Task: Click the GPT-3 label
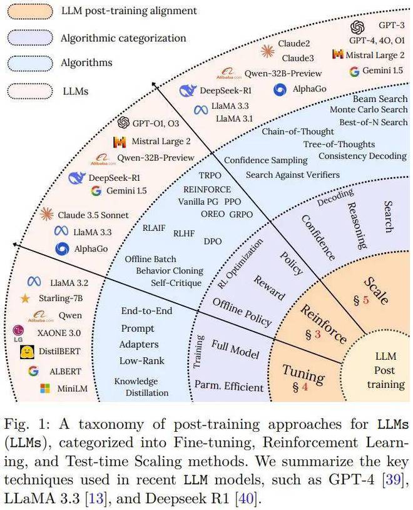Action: tap(392, 25)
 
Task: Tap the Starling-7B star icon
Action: tap(25, 298)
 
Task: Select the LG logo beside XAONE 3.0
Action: tap(18, 334)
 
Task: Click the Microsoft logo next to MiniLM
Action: tap(45, 388)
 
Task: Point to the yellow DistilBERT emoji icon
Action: tap(27, 352)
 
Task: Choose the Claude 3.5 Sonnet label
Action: tap(93, 215)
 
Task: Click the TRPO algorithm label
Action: tap(210, 175)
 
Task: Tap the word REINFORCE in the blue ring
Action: tap(207, 190)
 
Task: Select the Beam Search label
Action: tap(380, 98)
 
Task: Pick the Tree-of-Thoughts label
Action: tap(339, 144)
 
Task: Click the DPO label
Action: tap(213, 242)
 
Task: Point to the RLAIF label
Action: tap(154, 228)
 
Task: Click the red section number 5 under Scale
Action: tap(366, 300)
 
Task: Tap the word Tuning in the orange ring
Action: tap(303, 374)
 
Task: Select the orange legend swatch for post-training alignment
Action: tap(30, 11)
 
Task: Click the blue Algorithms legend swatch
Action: tap(30, 63)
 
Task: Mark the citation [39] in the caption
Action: tap(394, 479)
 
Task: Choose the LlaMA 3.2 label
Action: tap(69, 283)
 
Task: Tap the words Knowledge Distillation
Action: tap(141, 387)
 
